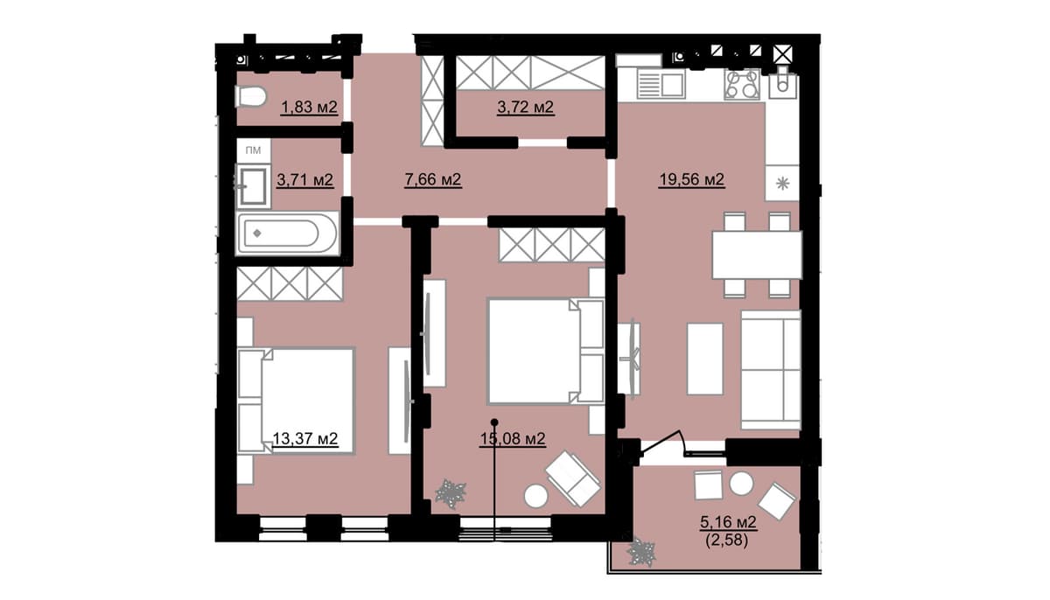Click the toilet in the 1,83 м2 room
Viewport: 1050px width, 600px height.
point(251,97)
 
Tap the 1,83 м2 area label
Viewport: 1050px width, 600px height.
point(309,108)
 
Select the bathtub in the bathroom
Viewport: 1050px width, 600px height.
point(286,234)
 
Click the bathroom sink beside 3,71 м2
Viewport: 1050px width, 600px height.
point(253,186)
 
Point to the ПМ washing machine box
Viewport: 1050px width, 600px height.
point(253,150)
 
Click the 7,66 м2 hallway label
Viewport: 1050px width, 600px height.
point(432,179)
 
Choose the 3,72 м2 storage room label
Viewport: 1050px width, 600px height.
point(526,108)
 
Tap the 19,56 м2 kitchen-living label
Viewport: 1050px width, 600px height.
point(692,179)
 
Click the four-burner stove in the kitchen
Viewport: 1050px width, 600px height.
point(742,84)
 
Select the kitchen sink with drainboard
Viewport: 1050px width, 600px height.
point(661,84)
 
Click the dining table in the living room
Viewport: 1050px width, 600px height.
point(757,255)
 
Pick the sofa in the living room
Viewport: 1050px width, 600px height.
point(771,370)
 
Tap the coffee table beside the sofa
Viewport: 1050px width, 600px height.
point(705,359)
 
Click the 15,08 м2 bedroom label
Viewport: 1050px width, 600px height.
point(513,439)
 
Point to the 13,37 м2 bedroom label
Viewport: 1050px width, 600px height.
point(305,439)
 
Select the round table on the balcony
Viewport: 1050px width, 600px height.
point(742,484)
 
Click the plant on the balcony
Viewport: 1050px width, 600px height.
point(641,553)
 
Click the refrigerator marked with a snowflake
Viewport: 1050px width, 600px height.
point(782,183)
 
